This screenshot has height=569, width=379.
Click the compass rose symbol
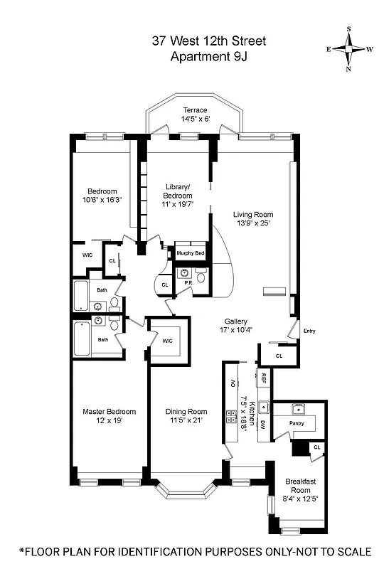tap(348, 49)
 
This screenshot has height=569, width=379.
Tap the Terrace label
tap(195, 110)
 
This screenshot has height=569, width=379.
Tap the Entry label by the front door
tap(309, 331)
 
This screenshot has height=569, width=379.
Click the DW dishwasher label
tap(262, 425)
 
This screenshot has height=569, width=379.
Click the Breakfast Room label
tap(299, 486)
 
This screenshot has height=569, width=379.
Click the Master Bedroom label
tap(109, 411)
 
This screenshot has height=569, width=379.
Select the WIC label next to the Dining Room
tap(168, 341)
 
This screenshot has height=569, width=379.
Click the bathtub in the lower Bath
tap(81, 339)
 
